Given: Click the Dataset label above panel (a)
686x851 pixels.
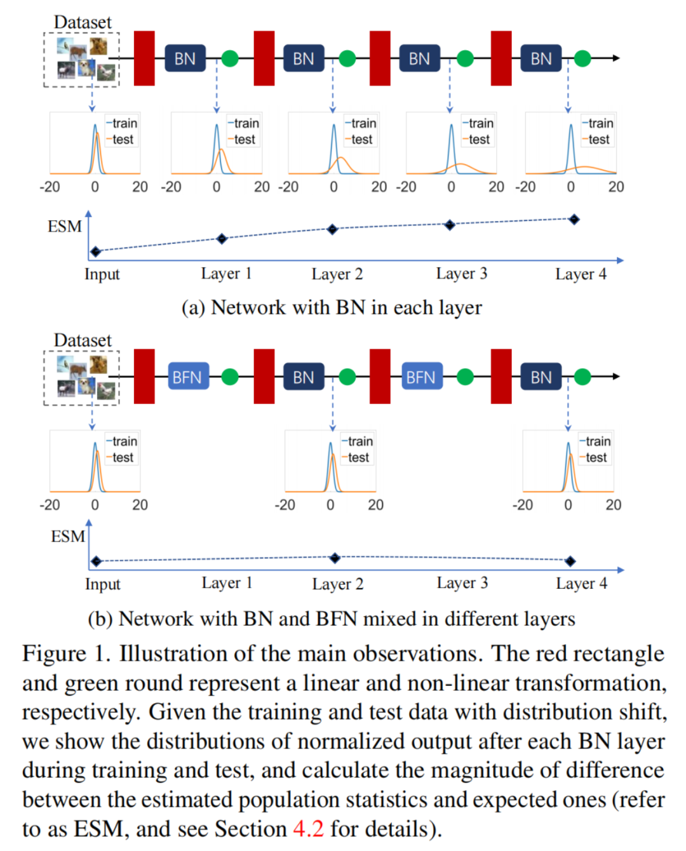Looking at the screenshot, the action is (x=83, y=22).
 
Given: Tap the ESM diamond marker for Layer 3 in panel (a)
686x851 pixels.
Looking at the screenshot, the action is (x=450, y=225).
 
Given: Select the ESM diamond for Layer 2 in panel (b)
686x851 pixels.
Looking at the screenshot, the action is (x=335, y=558).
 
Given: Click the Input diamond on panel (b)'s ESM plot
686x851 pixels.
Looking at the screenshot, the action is (x=96, y=561).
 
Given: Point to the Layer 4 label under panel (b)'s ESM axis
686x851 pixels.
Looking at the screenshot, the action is (x=581, y=584).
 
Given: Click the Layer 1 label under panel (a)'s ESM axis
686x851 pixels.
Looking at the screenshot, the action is (x=226, y=274).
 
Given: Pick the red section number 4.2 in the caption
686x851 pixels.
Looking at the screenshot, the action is (x=308, y=829).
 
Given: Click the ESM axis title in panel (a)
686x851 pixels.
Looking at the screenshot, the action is (x=65, y=226).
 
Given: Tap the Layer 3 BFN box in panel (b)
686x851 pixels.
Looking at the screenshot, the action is (x=422, y=376).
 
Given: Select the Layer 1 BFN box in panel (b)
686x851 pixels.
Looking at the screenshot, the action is (x=188, y=376).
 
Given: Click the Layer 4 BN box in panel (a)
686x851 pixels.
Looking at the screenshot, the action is (x=541, y=58).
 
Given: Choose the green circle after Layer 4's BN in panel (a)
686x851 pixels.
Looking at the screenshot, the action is (x=582, y=58).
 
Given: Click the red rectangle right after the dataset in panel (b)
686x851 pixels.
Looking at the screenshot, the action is (x=144, y=376).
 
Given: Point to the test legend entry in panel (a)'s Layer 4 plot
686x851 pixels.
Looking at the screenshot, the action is (x=596, y=139).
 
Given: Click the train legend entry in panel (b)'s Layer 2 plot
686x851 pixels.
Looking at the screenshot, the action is (x=357, y=441).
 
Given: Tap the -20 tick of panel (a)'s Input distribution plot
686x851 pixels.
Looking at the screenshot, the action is (x=50, y=187).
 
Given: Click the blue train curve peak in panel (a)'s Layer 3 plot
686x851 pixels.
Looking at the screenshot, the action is (x=452, y=126).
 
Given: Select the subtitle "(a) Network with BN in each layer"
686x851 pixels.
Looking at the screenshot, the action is (x=332, y=307).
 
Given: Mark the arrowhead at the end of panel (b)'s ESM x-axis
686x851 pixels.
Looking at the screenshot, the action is (x=621, y=570).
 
